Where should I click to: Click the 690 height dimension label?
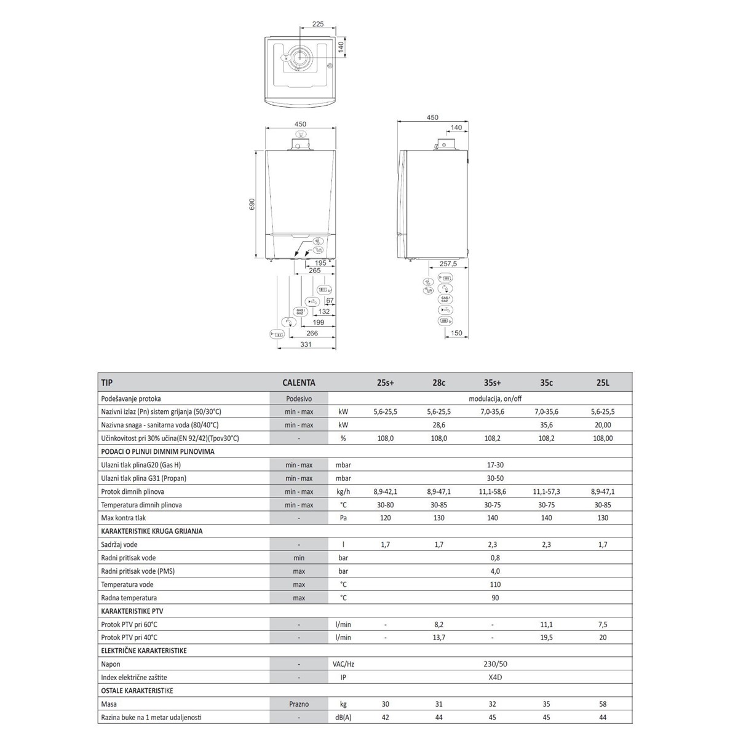click(252, 204)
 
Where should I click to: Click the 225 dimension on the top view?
click(318, 24)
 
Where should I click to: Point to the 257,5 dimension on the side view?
click(448, 264)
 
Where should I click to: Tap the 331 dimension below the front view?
click(306, 344)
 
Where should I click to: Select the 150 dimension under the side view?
click(456, 333)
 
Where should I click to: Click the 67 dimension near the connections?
click(330, 301)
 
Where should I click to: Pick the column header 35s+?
click(492, 383)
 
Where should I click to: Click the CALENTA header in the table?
click(299, 383)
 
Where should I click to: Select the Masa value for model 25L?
click(603, 704)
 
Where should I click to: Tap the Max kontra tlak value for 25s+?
click(385, 518)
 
